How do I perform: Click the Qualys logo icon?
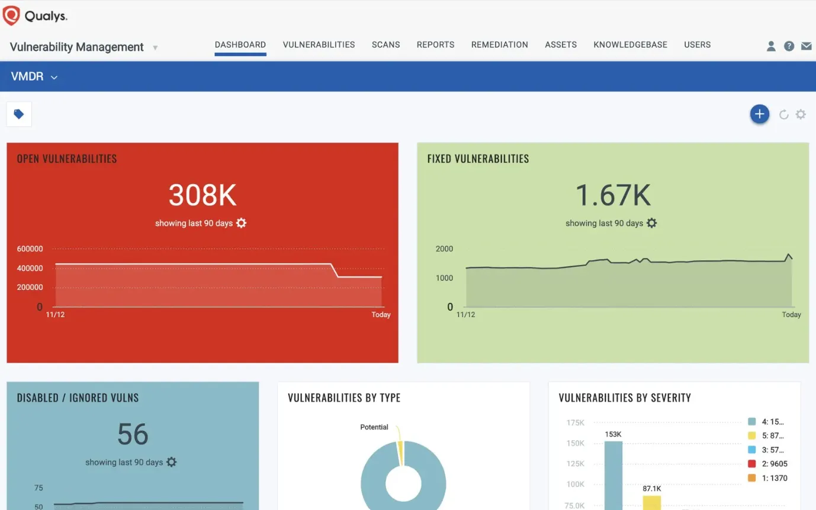[11, 16]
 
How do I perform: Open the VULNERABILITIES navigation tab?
[319, 45]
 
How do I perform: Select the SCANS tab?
[385, 45]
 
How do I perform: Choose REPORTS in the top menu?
[435, 45]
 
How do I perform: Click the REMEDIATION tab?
[499, 45]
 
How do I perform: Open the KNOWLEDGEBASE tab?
[630, 45]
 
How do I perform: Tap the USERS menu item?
[697, 45]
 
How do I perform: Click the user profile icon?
[771, 46]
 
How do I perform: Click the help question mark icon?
[789, 46]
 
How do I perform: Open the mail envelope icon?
[806, 46]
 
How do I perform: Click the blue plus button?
[760, 114]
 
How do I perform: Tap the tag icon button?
[19, 114]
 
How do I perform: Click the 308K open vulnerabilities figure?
[203, 195]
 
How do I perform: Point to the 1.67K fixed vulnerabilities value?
[613, 195]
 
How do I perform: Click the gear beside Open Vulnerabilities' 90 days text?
[241, 223]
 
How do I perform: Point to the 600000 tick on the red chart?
[30, 249]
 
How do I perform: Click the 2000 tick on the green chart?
[444, 249]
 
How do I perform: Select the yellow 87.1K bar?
[651, 502]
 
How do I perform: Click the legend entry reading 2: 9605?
[768, 464]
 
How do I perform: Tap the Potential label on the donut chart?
[374, 427]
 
